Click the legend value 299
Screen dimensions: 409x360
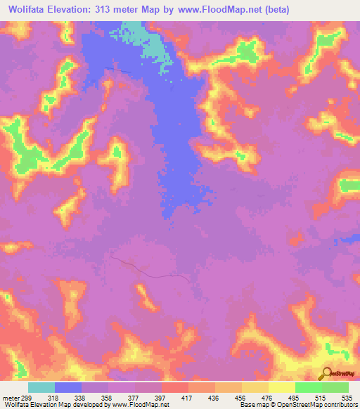18,397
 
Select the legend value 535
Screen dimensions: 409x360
347,397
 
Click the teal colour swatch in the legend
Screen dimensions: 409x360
41,387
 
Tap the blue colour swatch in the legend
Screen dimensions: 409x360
68,387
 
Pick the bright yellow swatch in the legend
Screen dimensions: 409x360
281,387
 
